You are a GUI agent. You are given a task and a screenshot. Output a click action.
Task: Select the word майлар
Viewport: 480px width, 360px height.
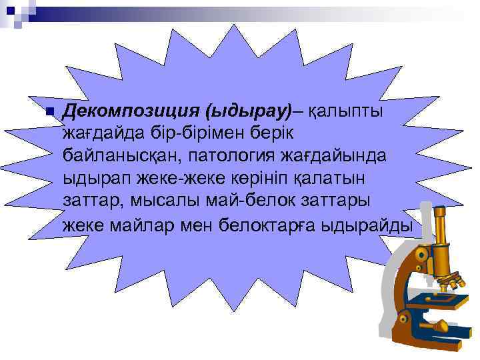(x=142, y=226)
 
